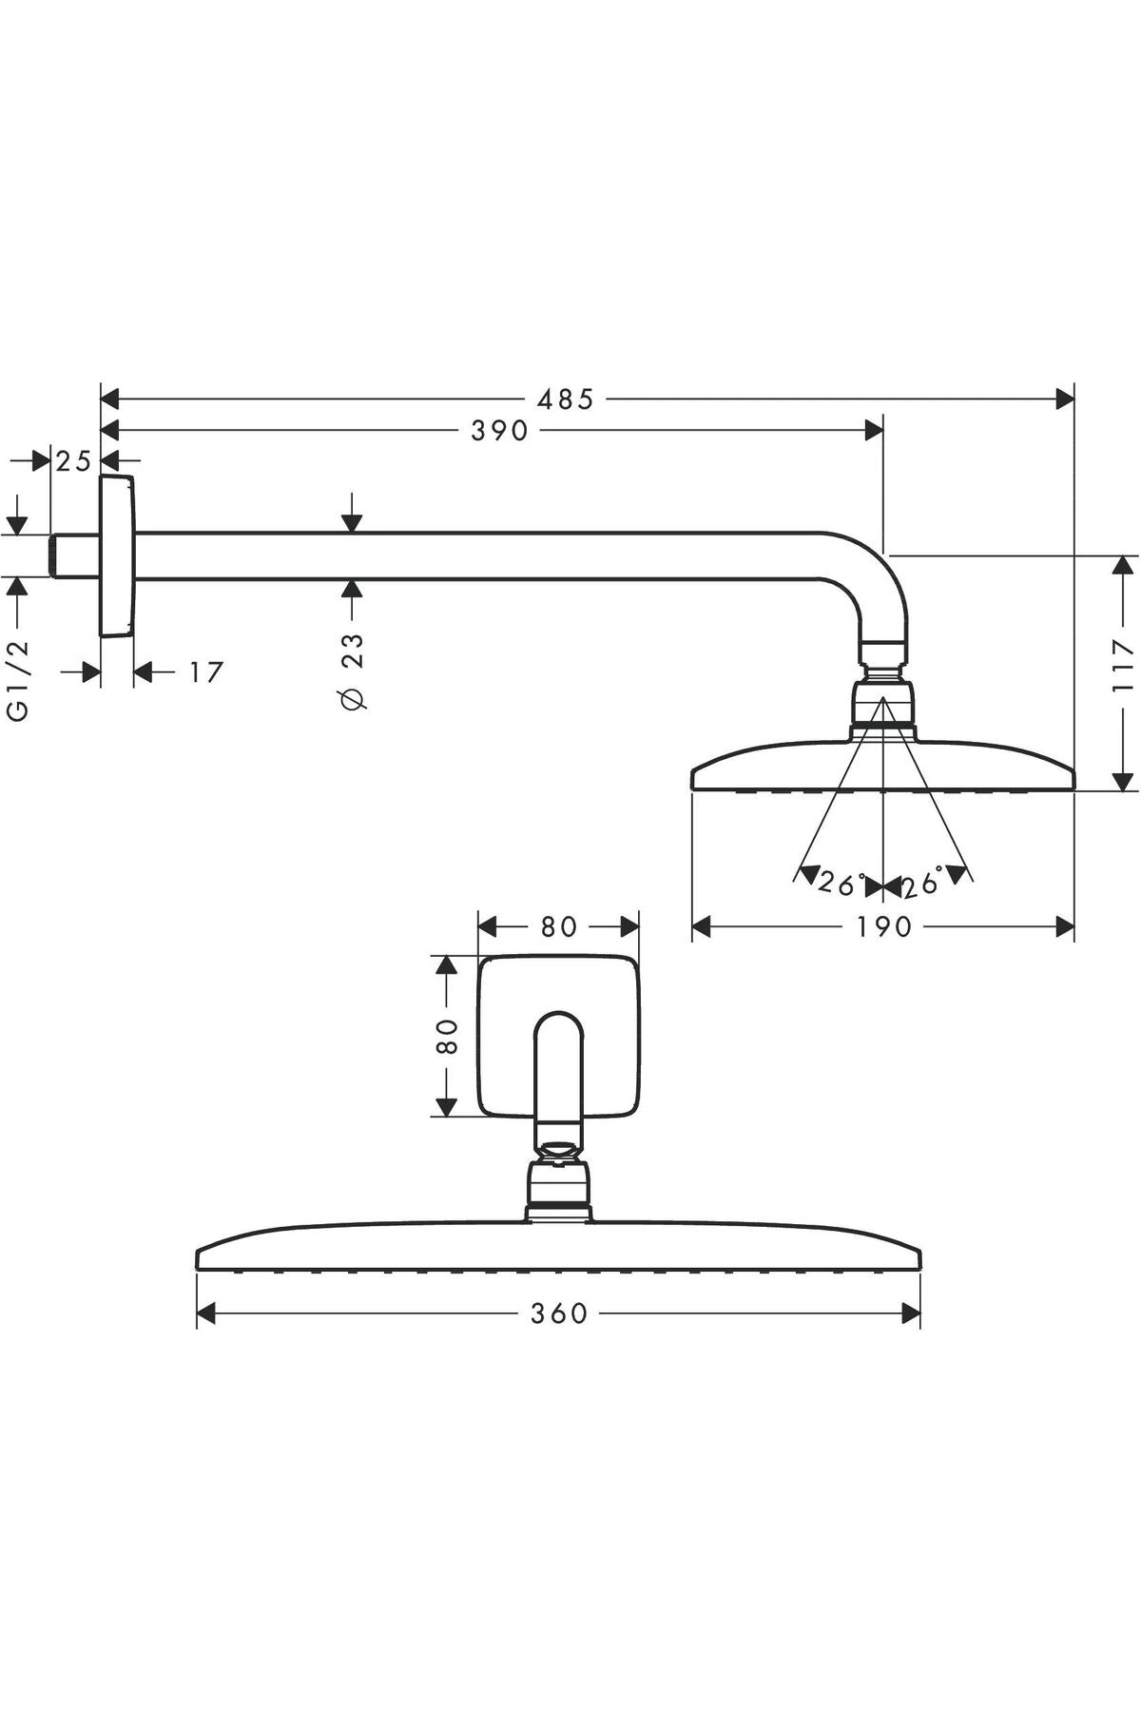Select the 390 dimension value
[x=499, y=431]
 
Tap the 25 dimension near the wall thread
[x=73, y=461]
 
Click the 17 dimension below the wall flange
[x=205, y=672]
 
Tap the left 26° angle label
[x=840, y=884]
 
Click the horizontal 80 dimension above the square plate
[x=558, y=926]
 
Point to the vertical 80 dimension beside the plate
[x=447, y=1036]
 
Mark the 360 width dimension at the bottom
[x=559, y=1313]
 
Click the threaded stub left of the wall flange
[x=74, y=555]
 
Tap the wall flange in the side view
[x=117, y=556]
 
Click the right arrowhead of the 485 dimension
[x=1065, y=399]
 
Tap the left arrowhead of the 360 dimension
[x=205, y=1313]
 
